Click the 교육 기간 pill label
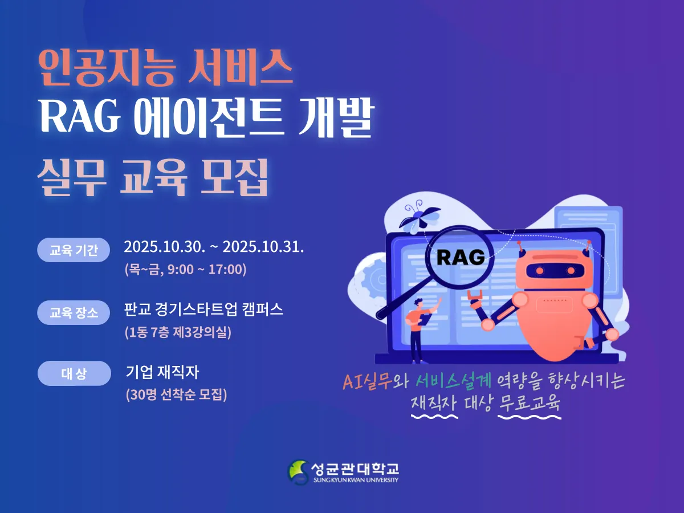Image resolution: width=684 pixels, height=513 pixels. (74, 250)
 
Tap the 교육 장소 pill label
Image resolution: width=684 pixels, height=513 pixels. (74, 312)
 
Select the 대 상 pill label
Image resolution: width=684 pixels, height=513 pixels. (74, 373)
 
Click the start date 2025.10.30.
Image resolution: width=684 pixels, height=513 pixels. (165, 247)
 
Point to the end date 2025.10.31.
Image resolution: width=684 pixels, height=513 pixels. (263, 247)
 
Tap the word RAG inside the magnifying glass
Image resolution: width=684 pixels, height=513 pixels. (461, 257)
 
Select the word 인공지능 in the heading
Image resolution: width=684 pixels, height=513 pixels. (106, 68)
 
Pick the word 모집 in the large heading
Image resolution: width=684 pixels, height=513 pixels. (234, 177)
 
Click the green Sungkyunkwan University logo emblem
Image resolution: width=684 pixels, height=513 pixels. (298, 472)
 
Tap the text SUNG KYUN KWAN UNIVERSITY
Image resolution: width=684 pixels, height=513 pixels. (356, 480)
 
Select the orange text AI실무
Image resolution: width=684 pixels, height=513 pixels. (367, 381)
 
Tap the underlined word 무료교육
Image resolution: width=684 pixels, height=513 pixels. (529, 403)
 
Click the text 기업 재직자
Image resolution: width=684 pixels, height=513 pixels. (162, 372)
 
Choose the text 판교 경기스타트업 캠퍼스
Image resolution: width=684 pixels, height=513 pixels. (203, 310)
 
